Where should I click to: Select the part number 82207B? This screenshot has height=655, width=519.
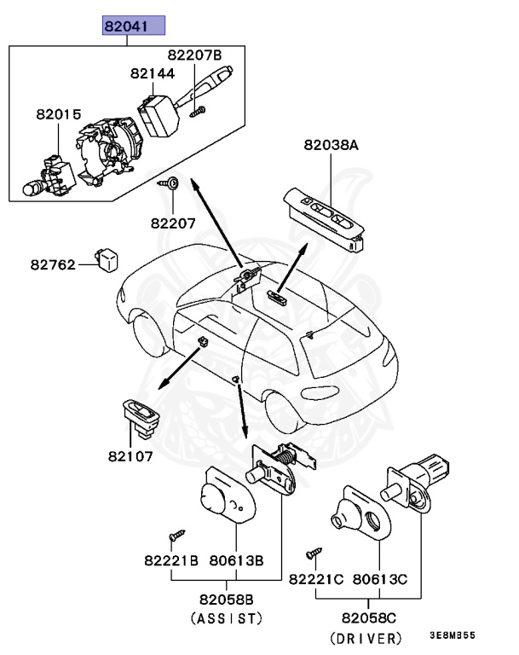pos(193,55)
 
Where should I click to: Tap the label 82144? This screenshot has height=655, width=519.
pos(153,74)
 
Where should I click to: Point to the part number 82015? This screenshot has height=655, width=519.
pos(58,113)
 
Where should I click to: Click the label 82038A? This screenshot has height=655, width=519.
pos(331,146)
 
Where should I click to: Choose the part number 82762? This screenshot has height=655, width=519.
pos(53,264)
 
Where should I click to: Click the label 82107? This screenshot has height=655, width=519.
pos(130,456)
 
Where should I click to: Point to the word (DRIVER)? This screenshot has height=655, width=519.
pos(365,638)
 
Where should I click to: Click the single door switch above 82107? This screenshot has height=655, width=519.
pos(138,417)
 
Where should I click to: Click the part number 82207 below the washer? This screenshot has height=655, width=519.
pos(174,223)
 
